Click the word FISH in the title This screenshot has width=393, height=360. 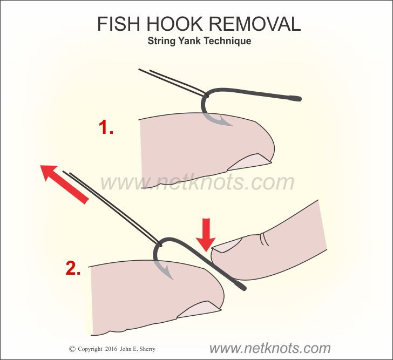click(118, 24)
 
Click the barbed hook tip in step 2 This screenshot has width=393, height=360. click(168, 274)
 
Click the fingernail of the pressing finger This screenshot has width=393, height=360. click(227, 244)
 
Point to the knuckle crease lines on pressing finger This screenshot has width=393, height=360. click(265, 239)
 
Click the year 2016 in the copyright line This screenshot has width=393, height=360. click(111, 349)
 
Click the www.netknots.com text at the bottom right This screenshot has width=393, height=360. click(270, 348)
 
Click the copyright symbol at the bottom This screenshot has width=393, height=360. click(72, 349)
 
